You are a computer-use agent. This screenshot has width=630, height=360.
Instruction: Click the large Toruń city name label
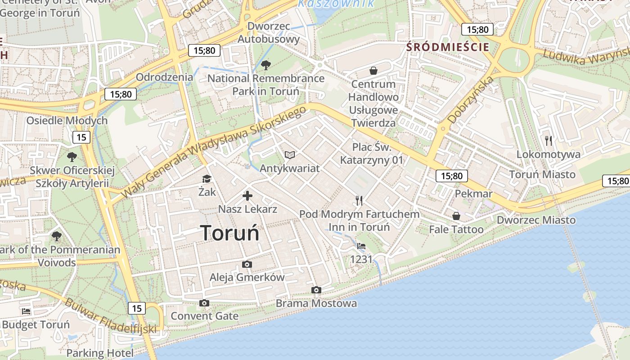[x=230, y=233]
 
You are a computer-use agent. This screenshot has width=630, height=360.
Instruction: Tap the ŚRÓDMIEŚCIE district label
[x=447, y=47]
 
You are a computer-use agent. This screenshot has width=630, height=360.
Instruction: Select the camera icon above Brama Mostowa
[x=316, y=290]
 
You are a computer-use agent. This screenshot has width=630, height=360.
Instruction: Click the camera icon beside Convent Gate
[x=204, y=303]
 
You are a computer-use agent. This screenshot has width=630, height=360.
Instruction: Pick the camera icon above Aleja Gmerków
[x=247, y=264]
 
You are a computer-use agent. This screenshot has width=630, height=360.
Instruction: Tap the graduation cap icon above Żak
[x=207, y=179]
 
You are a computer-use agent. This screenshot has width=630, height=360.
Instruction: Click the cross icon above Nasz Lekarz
[x=247, y=196]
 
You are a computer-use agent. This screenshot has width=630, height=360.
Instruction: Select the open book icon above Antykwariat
[x=290, y=155]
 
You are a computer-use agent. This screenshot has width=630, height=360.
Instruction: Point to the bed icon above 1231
[x=361, y=246]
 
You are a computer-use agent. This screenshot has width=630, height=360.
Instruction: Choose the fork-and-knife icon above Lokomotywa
[x=548, y=141]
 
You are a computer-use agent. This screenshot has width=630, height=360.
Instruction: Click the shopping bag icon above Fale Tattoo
[x=456, y=216]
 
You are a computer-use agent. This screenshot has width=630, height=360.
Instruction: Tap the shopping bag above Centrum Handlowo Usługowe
[x=373, y=71]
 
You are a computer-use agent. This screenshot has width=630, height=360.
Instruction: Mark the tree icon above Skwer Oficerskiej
[x=72, y=157]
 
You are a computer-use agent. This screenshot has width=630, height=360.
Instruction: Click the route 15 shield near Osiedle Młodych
[x=81, y=137]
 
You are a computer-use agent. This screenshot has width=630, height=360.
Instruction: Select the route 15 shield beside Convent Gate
[x=137, y=308]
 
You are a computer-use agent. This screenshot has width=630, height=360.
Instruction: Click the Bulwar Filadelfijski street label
[x=110, y=316]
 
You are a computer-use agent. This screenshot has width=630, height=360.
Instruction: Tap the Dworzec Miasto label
[x=536, y=220]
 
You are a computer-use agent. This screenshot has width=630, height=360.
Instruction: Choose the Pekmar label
[x=474, y=193]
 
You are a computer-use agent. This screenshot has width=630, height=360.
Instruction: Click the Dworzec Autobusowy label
[x=268, y=32]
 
